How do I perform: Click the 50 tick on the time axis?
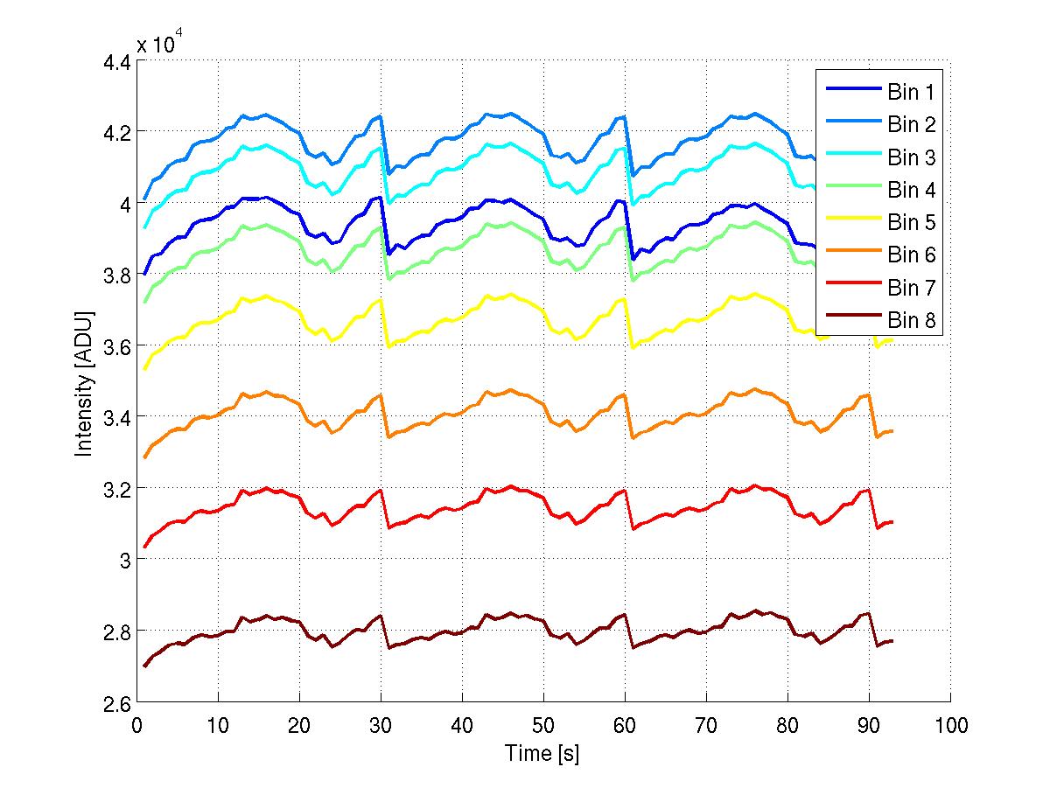543,725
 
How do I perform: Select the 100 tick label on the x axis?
950,725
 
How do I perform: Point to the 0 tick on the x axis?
136,725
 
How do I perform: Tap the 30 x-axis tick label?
381,725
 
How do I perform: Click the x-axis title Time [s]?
542,753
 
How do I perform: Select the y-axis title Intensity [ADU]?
84,382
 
